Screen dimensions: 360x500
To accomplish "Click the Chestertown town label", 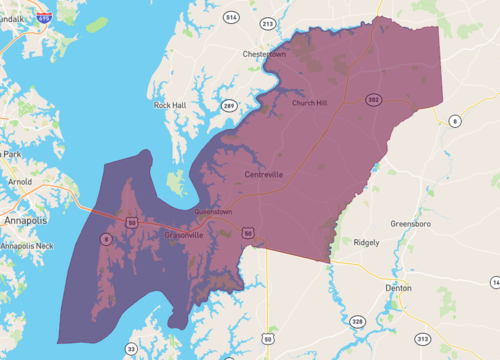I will point(264,54).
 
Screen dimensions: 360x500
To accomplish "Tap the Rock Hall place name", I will point(169,104).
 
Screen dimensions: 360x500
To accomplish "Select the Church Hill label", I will point(309,102).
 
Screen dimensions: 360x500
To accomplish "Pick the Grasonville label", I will point(183,235).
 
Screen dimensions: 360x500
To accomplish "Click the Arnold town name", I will point(19,182).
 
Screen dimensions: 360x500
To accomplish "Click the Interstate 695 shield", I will point(43,17).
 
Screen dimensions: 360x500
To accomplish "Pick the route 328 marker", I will point(357,321).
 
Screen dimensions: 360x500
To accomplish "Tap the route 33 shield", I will point(131,348).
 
